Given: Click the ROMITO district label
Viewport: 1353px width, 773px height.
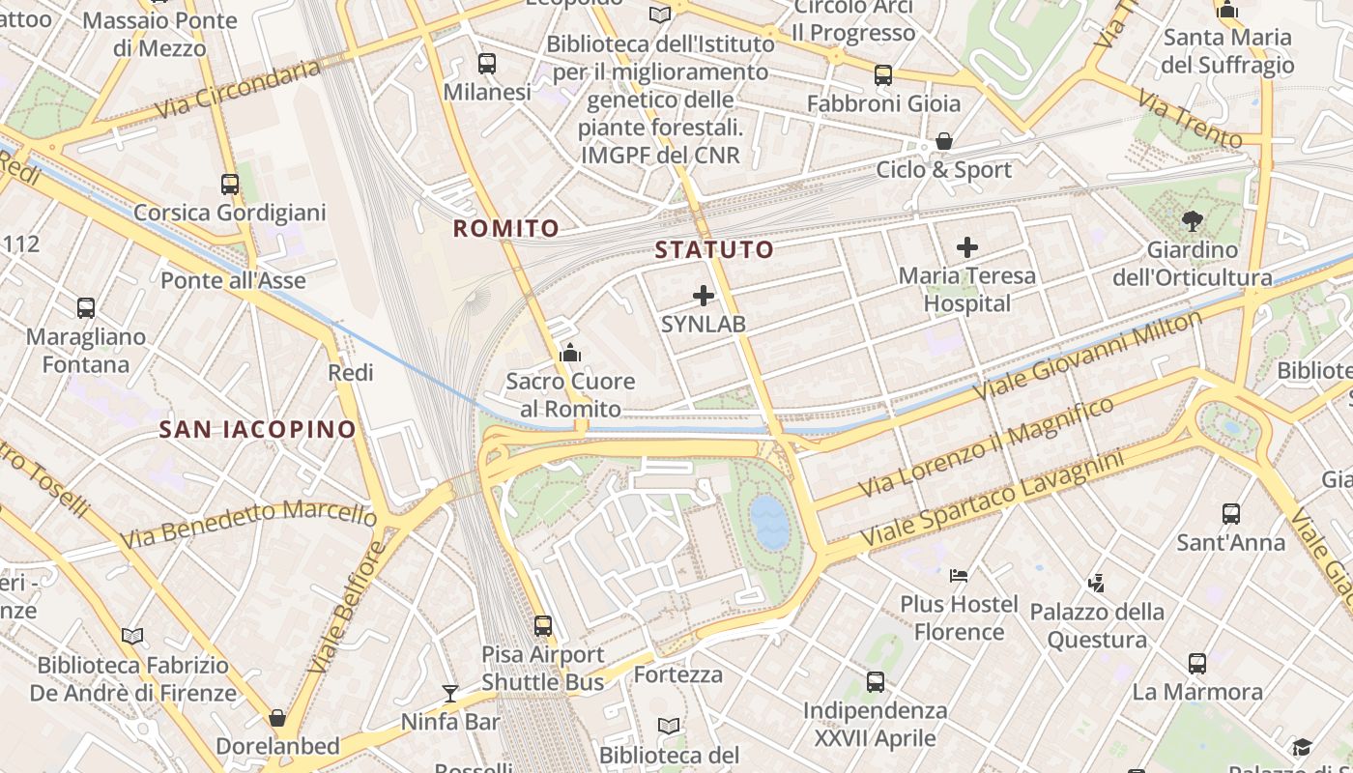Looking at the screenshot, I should (506, 229).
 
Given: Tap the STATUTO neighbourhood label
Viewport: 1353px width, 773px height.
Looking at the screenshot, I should (714, 250).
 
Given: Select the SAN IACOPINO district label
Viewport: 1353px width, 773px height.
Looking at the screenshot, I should (257, 429).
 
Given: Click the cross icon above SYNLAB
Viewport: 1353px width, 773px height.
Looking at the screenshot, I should (704, 296).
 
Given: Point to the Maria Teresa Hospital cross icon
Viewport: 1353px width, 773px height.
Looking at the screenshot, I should (966, 247).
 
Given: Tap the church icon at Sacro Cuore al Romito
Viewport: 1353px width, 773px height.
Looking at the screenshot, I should (570, 353).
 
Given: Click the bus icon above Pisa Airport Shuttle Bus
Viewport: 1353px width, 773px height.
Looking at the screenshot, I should (543, 626).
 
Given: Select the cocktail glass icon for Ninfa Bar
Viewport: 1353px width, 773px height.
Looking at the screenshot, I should (450, 693).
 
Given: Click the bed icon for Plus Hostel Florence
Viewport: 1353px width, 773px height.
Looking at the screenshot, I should (959, 576).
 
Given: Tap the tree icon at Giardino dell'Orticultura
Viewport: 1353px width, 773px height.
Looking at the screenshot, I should (1192, 221).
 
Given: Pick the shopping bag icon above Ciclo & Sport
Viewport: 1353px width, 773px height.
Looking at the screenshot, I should (944, 141).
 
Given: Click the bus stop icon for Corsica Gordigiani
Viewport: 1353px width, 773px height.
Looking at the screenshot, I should (230, 184).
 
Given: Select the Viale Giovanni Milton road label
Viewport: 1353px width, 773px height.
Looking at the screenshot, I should (1087, 356).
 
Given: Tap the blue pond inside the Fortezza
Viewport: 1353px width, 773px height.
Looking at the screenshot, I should (770, 522).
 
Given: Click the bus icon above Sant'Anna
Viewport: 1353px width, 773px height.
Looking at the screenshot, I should (1231, 514).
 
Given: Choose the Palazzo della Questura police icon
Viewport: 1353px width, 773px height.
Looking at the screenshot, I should (1095, 583).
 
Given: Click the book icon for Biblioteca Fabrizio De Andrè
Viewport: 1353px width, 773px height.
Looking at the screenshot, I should (132, 636).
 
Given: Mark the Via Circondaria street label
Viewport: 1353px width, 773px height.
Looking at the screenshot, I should (237, 89).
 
